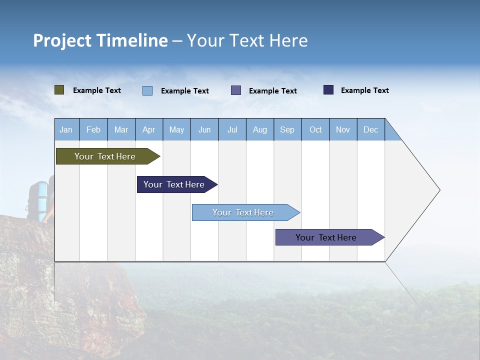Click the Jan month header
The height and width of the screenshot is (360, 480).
pyautogui.click(x=66, y=129)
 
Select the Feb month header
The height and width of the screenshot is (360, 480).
pyautogui.click(x=93, y=129)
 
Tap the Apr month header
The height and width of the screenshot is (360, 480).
pyautogui.click(x=149, y=129)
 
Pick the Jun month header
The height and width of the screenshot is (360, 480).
pyautogui.click(x=204, y=129)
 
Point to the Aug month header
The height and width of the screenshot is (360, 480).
pyautogui.click(x=260, y=129)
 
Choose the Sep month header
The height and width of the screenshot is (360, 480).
pyautogui.click(x=287, y=129)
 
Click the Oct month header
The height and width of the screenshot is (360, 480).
pyautogui.click(x=315, y=129)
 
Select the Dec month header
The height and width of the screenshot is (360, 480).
pyautogui.click(x=371, y=129)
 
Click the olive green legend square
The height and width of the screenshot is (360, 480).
pyautogui.click(x=59, y=90)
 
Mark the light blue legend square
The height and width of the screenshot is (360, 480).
pyautogui.click(x=147, y=90)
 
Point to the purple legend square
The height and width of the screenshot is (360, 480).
pyautogui.click(x=236, y=90)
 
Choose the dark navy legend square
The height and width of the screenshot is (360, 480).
pyautogui.click(x=328, y=90)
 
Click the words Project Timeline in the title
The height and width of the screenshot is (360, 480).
pyautogui.click(x=100, y=40)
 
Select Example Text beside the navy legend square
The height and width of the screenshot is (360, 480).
pyautogui.click(x=364, y=90)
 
